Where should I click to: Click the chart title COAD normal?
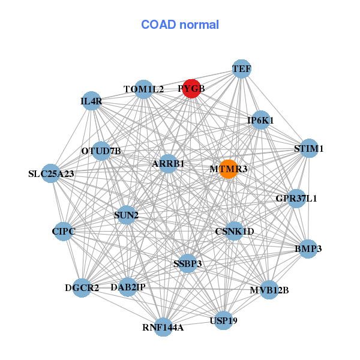180,25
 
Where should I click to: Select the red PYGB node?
191,89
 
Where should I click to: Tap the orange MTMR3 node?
227,169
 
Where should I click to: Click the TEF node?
241,69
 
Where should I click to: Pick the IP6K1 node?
260,120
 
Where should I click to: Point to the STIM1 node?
308,148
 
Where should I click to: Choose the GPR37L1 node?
296,198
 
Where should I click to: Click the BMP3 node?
308,248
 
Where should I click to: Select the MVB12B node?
269,290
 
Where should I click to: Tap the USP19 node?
224,320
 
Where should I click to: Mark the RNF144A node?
163,327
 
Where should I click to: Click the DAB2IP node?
128,287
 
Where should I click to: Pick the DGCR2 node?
82,288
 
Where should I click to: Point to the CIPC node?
63,230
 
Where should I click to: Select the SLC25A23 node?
52,174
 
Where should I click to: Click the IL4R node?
91,101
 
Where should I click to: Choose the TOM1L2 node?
143,89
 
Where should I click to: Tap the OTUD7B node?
101,151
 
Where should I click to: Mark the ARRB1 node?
168,163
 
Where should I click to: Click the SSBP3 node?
188,263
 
